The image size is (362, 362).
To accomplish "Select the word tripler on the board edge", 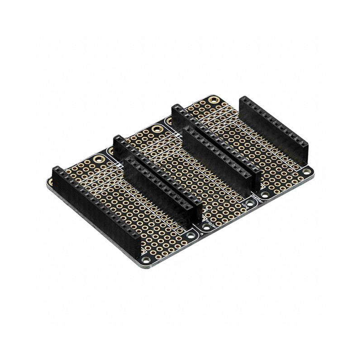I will (211, 224).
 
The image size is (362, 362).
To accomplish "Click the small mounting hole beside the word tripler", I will (206, 227).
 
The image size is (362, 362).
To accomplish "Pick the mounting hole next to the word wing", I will (250, 203).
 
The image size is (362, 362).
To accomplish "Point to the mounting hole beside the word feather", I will (265, 195).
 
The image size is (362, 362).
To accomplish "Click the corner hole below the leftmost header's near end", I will (146, 260).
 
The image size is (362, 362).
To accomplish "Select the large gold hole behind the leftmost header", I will (98, 159).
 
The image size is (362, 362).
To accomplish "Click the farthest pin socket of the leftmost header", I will (57, 171).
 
